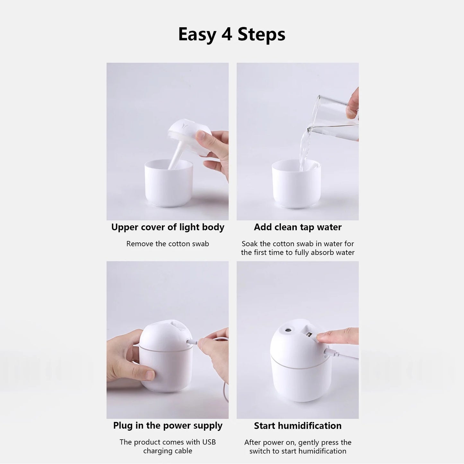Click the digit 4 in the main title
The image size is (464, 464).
tap(227, 34)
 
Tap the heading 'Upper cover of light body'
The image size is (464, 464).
tap(168, 227)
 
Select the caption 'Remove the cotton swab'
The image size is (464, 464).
tap(168, 244)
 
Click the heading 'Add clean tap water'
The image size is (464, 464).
tap(298, 227)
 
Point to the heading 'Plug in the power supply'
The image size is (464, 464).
tap(168, 425)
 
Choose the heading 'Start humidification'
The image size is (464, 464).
tap(298, 426)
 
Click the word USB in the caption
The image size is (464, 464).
tap(209, 442)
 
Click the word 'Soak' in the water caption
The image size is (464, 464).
tap(250, 244)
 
